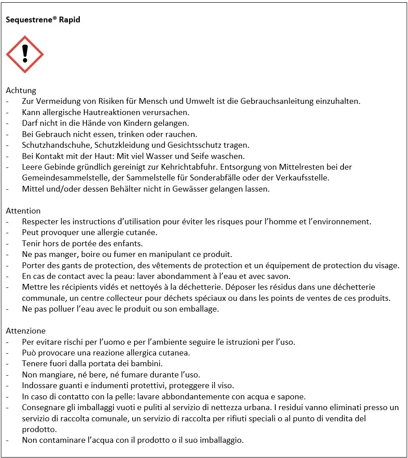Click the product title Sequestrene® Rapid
43,20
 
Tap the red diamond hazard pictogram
25,55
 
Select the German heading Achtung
21,90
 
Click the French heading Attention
23,211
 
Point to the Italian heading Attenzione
26,331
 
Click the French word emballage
200,309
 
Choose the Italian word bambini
146,364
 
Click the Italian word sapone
291,397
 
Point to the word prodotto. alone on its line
39,429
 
